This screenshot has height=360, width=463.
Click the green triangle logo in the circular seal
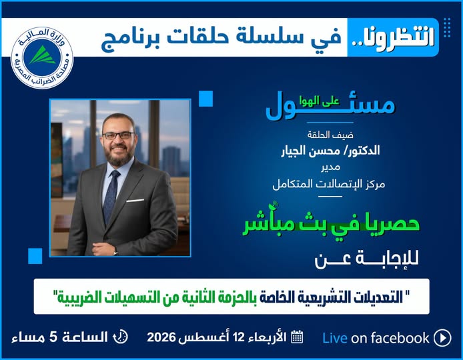pos(42,56)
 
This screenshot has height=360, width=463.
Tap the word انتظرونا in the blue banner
pos(394,37)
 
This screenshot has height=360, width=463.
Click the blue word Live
pos(335,338)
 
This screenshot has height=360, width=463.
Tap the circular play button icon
pos(442,338)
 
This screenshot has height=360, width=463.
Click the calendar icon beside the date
pos(297,337)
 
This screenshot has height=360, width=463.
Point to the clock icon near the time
pos(121,337)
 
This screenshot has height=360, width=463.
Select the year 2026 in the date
pos(161,337)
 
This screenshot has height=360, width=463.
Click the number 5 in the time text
pos(53,337)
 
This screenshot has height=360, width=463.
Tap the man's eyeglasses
pos(118,136)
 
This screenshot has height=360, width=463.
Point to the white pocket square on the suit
pos(135,201)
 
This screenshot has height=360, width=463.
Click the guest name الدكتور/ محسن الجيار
pos(330,151)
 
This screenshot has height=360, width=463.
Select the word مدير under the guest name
pos(330,167)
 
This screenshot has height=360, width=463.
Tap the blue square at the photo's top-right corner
pos(205,98)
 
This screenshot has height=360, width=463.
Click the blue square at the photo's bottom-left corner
pos(35,256)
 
